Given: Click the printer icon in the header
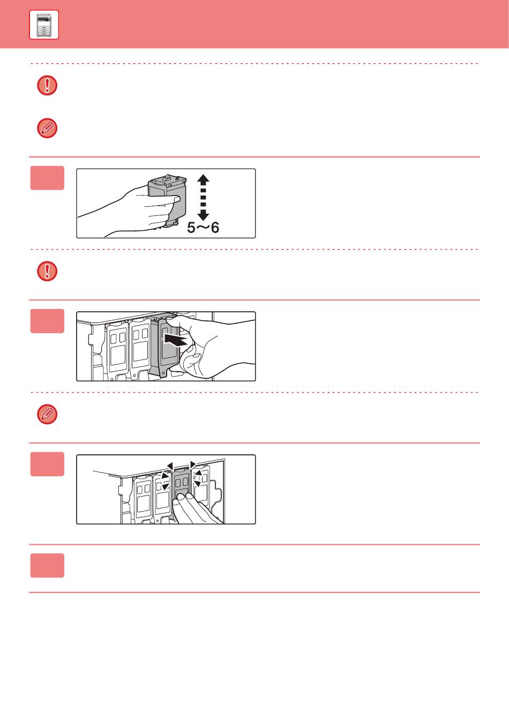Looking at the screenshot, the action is click(44, 25).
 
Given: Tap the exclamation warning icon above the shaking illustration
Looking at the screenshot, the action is click(47, 86).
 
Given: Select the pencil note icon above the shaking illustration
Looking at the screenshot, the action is click(47, 128).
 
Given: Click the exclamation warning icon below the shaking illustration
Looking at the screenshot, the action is click(47, 271).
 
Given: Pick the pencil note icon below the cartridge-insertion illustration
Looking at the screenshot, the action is click(47, 414).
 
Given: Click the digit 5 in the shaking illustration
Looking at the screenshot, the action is click(191, 228).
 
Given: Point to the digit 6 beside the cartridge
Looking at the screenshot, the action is click(215, 228).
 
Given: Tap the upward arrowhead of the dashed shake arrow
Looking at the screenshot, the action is click(203, 179).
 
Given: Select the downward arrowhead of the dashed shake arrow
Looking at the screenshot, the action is click(203, 215).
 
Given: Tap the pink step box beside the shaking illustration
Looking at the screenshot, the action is click(47, 178).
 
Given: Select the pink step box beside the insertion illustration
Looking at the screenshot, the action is click(47, 321).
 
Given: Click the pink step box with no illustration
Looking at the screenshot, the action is click(47, 565).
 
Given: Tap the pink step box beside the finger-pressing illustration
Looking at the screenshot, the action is click(47, 464).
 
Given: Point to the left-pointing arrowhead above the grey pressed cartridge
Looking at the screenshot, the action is click(170, 466).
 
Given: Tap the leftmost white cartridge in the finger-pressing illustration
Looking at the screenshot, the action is click(143, 498).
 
